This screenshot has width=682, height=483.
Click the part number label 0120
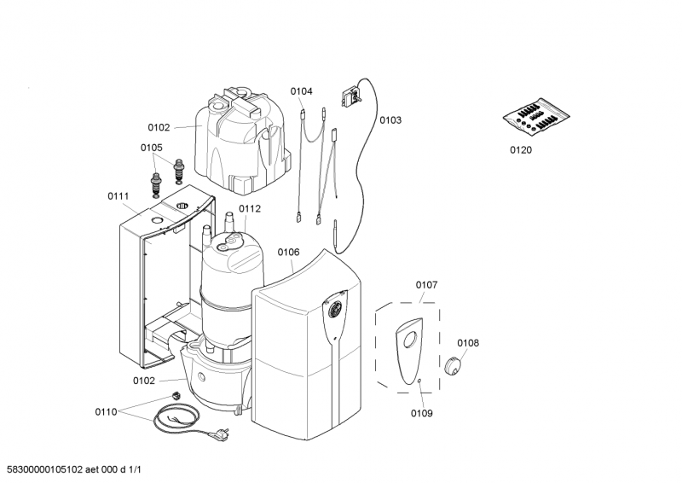[520, 149]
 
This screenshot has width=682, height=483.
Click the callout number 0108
[468, 343]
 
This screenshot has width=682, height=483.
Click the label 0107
[426, 284]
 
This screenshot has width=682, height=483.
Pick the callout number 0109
[422, 413]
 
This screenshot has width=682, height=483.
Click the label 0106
[289, 252]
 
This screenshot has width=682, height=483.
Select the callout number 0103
[390, 120]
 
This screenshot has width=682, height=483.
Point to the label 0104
[301, 91]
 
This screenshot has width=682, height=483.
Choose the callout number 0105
[152, 147]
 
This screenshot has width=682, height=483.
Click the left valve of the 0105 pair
[157, 181]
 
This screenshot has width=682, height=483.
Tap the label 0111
[118, 195]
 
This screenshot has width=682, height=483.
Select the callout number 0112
[250, 208]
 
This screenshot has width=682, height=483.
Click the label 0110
[106, 412]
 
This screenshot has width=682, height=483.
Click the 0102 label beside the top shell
[159, 127]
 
